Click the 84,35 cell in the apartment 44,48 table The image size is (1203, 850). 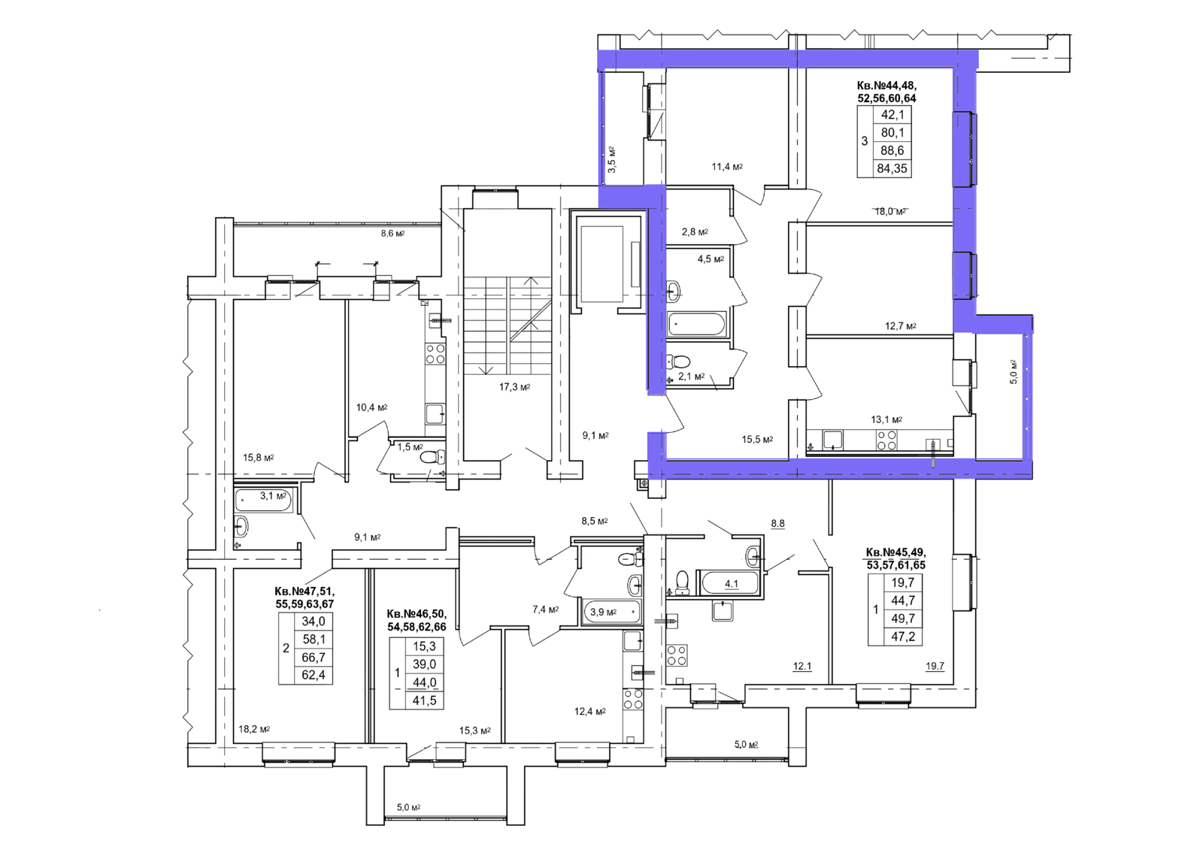tap(892, 168)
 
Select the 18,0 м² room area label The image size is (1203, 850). tap(890, 211)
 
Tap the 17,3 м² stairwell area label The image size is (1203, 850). tap(514, 386)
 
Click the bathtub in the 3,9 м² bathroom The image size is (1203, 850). tap(612, 612)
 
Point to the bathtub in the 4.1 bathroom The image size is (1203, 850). tap(729, 583)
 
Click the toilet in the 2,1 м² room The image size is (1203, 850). tap(678, 361)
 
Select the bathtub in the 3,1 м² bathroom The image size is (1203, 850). tap(263, 501)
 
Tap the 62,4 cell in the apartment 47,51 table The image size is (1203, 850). tap(314, 675)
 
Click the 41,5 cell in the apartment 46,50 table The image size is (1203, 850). tap(424, 700)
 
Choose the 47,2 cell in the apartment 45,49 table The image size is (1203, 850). tap(903, 637)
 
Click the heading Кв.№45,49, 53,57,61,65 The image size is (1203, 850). tap(895, 558)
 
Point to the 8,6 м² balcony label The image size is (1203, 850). tap(392, 234)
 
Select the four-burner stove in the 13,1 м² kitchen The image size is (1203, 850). tap(886, 440)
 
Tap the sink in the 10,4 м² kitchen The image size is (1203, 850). tap(435, 414)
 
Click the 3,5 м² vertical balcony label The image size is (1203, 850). tap(612, 159)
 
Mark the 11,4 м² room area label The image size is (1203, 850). tap(727, 166)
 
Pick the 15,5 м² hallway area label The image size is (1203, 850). tap(757, 439)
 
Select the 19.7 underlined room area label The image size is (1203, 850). tap(935, 667)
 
